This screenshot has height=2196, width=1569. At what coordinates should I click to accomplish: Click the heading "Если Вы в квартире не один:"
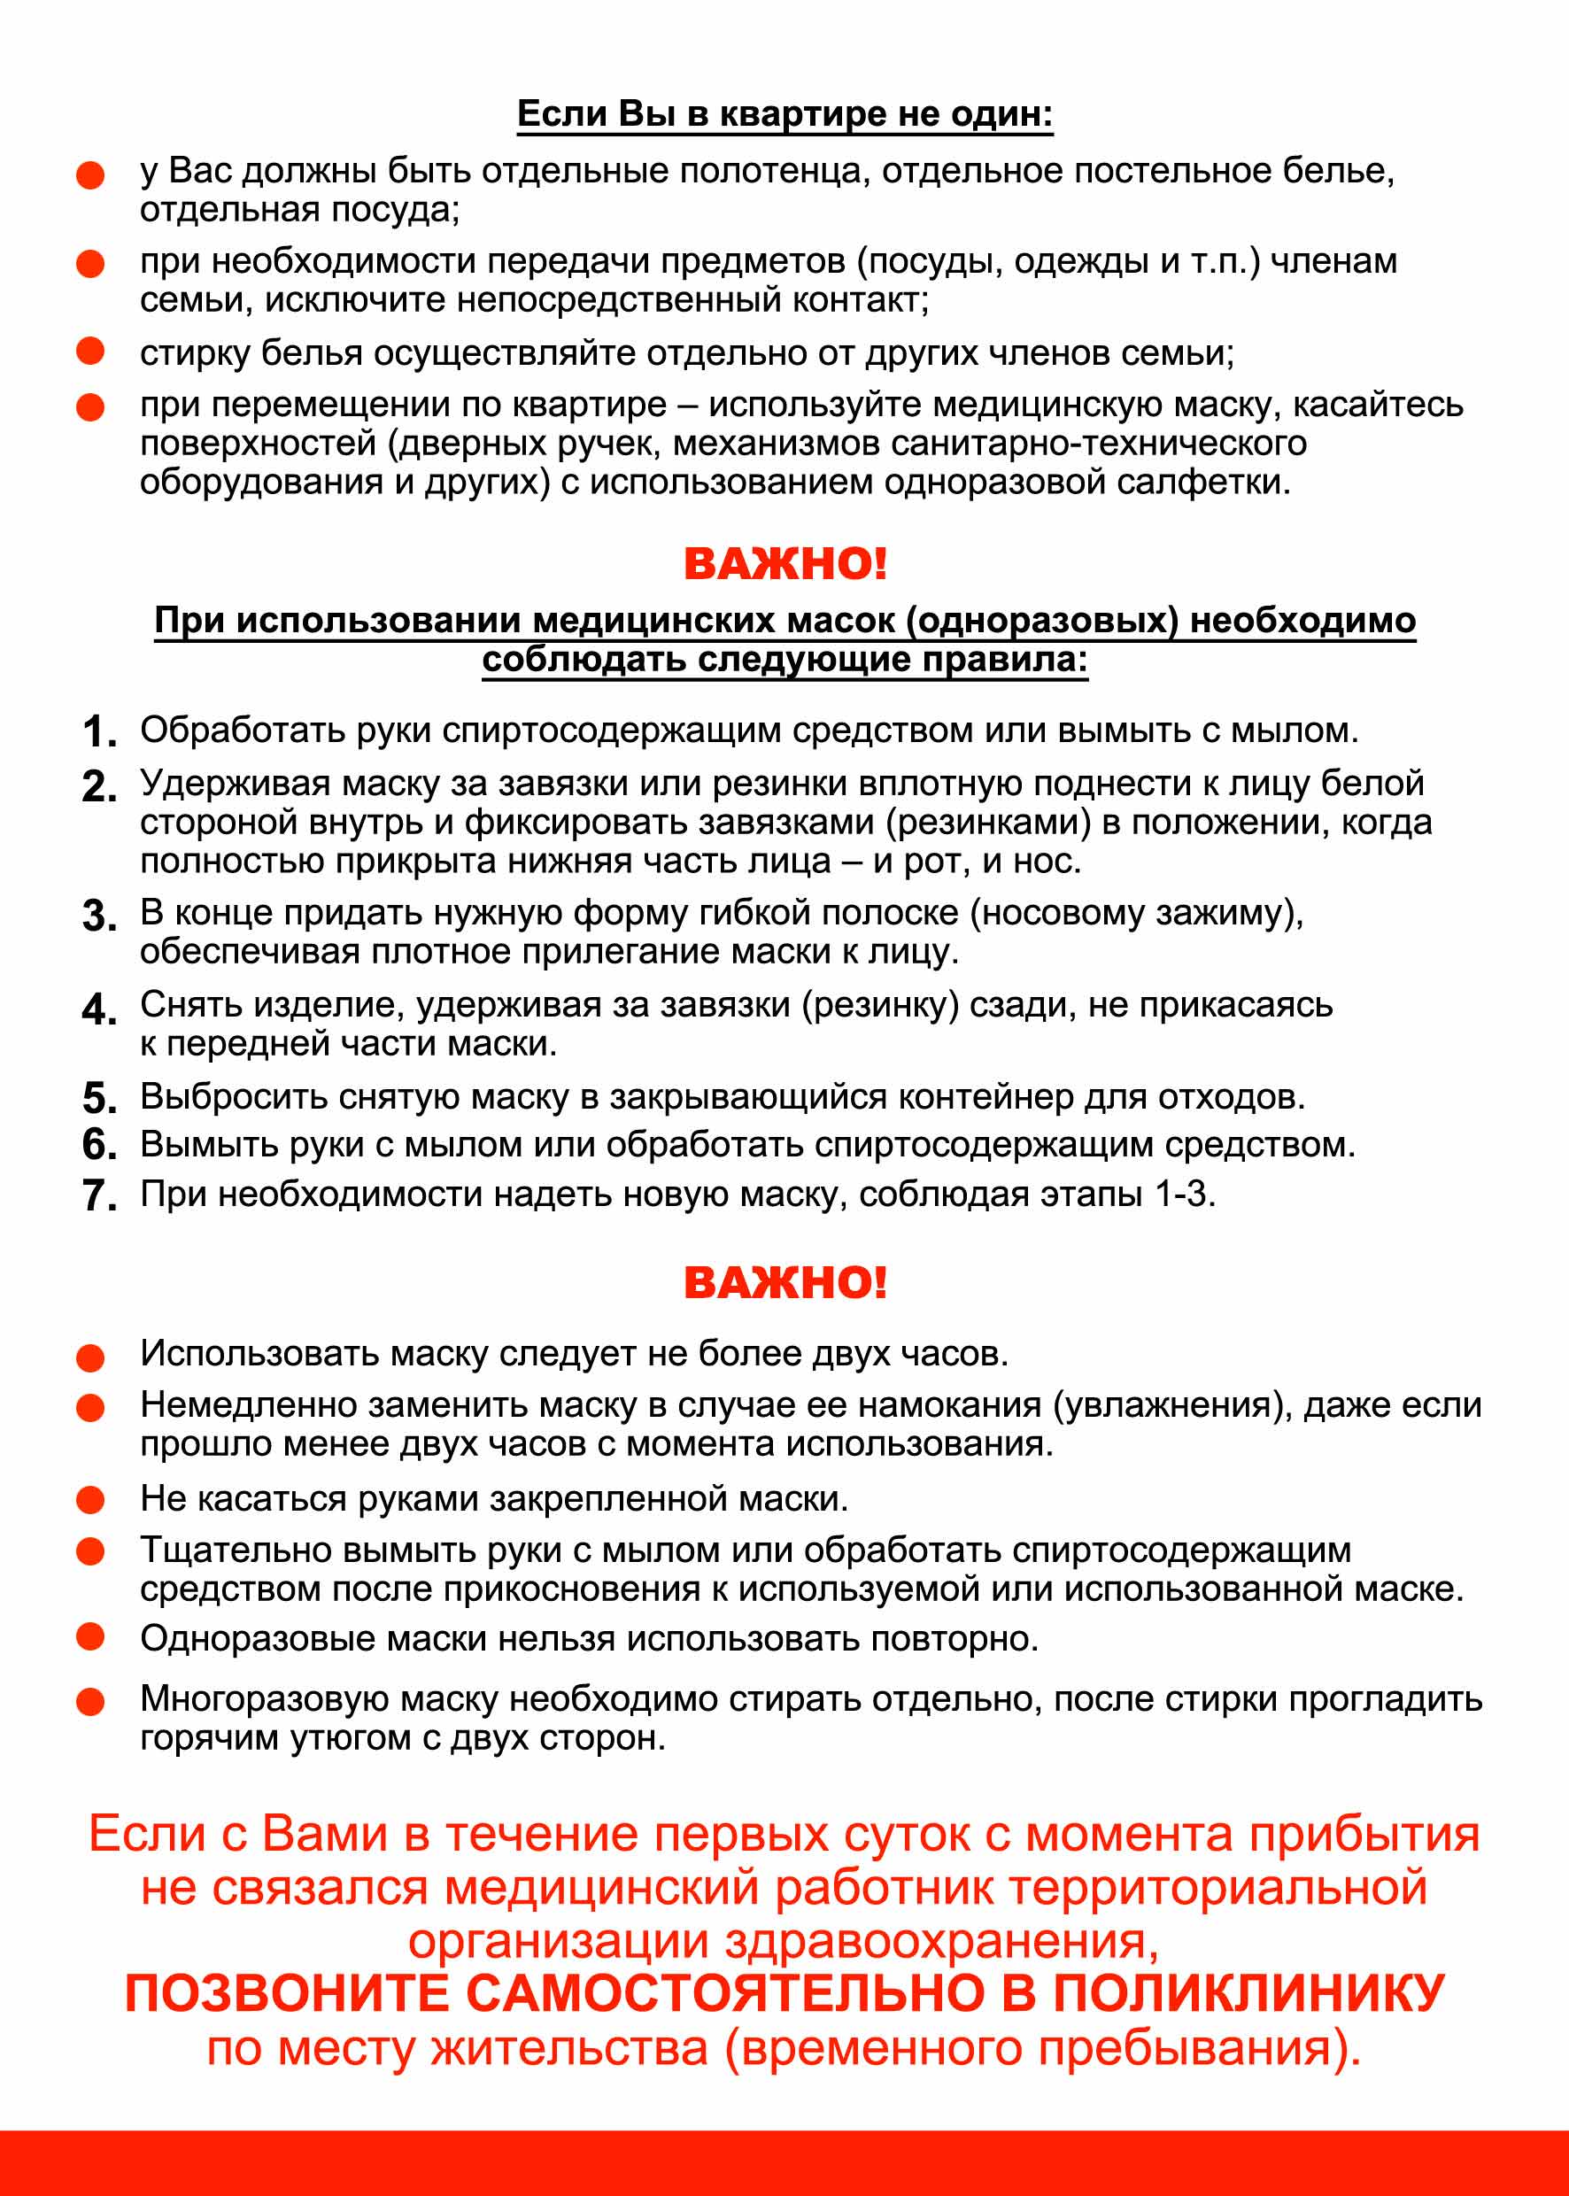pyautogui.click(x=784, y=114)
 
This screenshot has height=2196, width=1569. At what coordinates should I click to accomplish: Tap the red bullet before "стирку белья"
pyautogui.click(x=89, y=352)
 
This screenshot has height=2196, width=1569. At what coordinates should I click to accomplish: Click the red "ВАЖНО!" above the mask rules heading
pyautogui.click(x=784, y=564)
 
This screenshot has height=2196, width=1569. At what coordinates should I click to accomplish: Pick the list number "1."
pyautogui.click(x=98, y=731)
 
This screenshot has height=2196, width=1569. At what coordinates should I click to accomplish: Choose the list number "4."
pyautogui.click(x=98, y=1009)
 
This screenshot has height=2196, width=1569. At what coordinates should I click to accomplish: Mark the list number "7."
pyautogui.click(x=98, y=1196)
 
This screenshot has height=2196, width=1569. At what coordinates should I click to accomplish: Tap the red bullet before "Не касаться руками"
pyautogui.click(x=89, y=1500)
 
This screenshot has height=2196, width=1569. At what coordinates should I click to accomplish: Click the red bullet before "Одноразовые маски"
pyautogui.click(x=89, y=1636)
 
